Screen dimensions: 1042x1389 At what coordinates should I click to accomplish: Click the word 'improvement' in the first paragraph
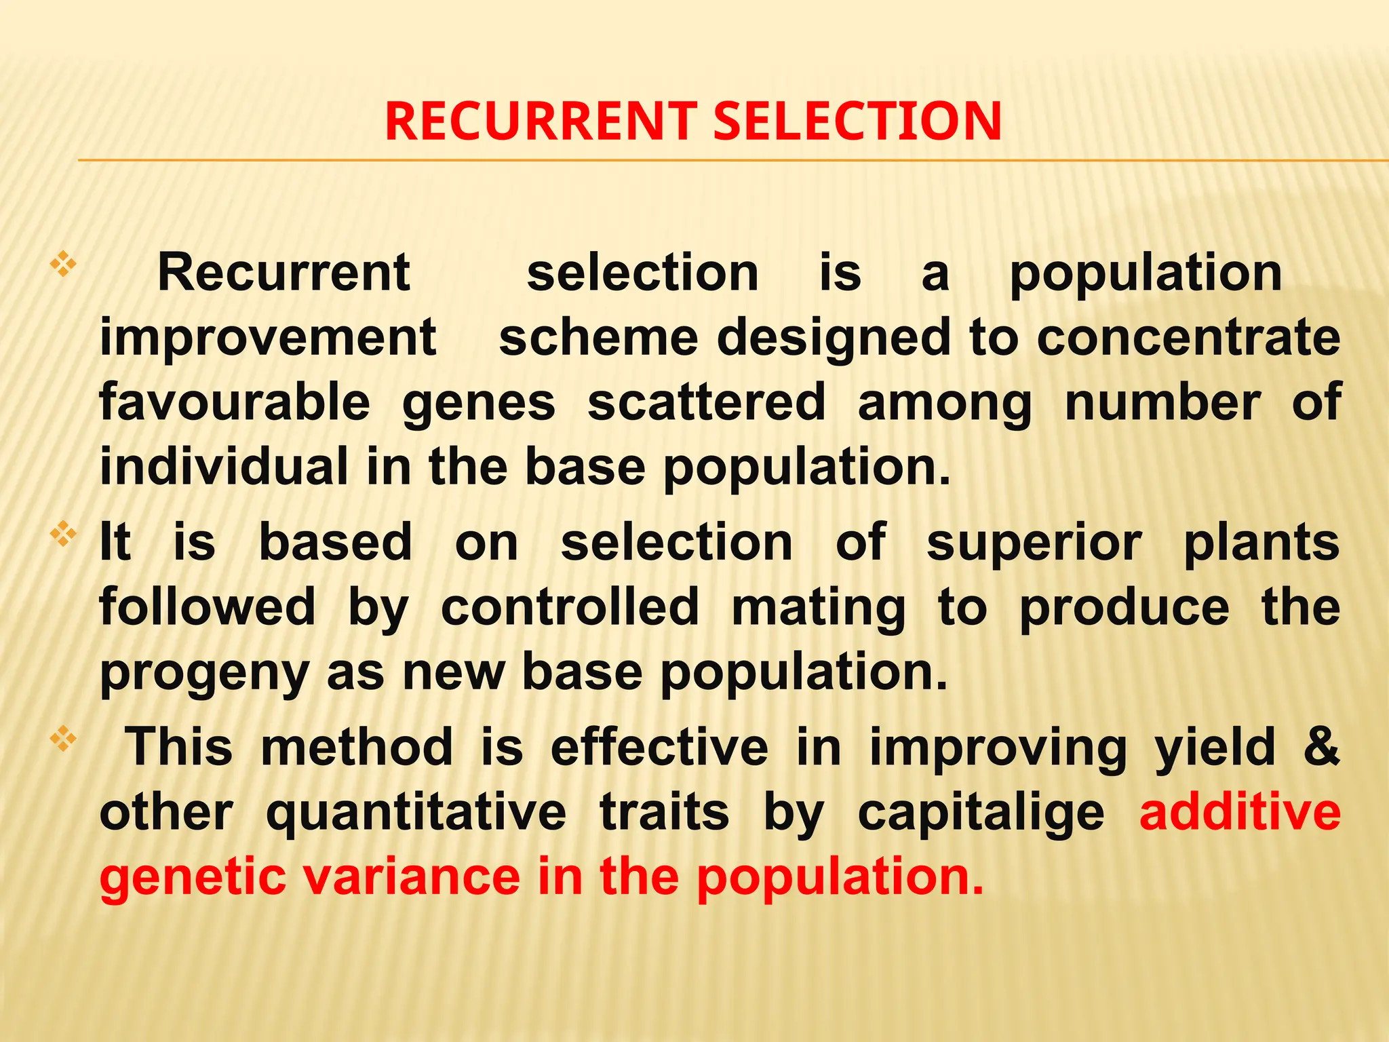(x=268, y=338)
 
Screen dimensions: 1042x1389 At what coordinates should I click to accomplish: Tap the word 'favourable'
(x=235, y=402)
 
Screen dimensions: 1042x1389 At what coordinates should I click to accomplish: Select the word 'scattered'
(x=706, y=402)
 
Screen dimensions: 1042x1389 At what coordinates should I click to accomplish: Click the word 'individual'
(x=223, y=467)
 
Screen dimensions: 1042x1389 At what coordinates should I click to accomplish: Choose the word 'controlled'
(x=570, y=607)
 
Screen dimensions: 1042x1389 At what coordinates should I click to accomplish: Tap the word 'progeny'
(x=204, y=673)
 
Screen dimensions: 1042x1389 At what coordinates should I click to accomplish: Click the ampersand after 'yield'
(x=1322, y=746)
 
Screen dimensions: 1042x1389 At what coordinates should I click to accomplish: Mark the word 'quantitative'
(x=416, y=813)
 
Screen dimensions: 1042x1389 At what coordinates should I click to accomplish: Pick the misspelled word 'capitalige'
(x=981, y=813)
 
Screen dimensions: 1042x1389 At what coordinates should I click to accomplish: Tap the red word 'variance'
(x=411, y=876)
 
